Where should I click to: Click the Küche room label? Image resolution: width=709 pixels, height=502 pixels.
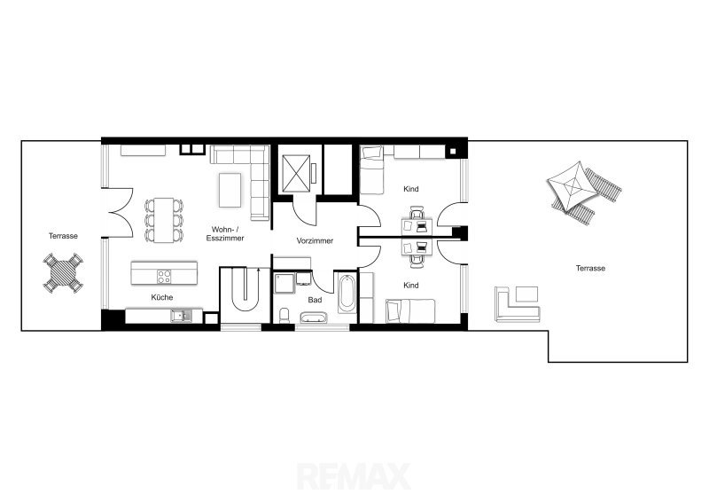click(x=162, y=297)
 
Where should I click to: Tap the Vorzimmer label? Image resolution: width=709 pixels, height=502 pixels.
click(x=315, y=241)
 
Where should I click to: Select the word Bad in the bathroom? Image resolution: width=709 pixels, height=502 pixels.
click(x=315, y=300)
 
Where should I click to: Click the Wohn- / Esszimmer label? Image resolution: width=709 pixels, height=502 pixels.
click(x=225, y=234)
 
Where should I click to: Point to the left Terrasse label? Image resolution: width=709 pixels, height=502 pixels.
click(x=63, y=236)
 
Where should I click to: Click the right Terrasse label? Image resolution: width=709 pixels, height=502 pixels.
click(x=590, y=268)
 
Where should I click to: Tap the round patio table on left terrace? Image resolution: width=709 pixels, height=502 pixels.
click(x=63, y=272)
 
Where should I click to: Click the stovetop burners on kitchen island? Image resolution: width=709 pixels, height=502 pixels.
click(x=164, y=276)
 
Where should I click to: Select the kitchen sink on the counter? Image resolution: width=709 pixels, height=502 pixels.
click(x=181, y=316)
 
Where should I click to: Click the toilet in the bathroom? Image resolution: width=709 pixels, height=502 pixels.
click(x=284, y=316)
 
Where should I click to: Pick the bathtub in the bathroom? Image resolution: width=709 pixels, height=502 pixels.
click(x=347, y=294)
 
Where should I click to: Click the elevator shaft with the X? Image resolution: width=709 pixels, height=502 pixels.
click(x=296, y=173)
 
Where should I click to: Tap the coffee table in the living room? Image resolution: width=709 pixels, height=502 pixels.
click(x=230, y=190)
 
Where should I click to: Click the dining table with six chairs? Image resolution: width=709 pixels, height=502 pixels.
click(x=164, y=221)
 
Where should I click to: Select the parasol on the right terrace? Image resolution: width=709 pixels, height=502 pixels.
click(x=572, y=185)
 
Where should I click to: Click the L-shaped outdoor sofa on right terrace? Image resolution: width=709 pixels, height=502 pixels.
click(x=518, y=304)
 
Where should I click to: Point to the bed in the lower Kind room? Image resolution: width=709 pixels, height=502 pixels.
click(x=410, y=311)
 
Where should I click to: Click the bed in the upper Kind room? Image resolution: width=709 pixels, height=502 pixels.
click(x=371, y=169)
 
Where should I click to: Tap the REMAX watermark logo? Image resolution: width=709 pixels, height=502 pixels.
click(x=354, y=476)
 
